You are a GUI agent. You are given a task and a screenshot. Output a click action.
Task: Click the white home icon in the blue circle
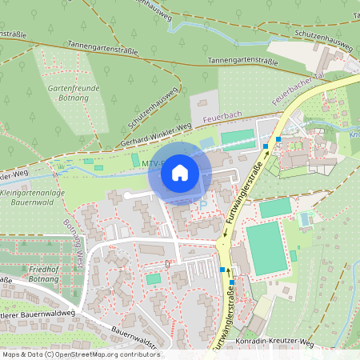[180, 172]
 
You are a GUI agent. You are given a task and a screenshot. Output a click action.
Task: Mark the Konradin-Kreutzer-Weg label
[272, 342]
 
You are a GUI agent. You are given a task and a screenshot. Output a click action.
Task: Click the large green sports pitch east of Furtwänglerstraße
[266, 248]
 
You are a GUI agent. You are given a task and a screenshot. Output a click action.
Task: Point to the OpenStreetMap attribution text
[81, 354]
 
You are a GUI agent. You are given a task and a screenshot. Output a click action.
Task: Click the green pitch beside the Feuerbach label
[236, 140]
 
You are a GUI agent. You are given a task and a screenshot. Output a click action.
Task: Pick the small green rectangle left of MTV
[134, 161]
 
